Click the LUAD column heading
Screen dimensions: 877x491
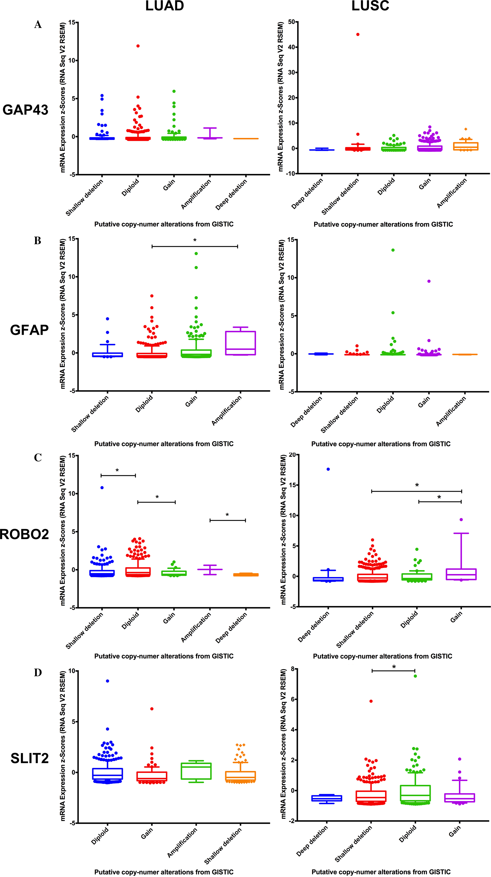(164, 6)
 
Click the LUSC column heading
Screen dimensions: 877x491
(370, 6)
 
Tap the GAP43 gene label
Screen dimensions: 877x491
(25, 110)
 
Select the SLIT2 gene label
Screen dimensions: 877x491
(30, 758)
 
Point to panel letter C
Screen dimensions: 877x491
(38, 458)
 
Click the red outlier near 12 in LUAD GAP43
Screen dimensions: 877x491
(138, 46)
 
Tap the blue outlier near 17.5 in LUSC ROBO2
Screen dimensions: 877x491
(328, 469)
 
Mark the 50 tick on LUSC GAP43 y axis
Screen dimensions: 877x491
(291, 22)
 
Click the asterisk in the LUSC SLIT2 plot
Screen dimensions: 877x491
(394, 667)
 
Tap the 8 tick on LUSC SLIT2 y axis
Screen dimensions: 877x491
(293, 669)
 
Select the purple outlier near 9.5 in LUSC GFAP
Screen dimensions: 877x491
(429, 281)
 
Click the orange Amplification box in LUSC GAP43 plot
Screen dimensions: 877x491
(465, 146)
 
